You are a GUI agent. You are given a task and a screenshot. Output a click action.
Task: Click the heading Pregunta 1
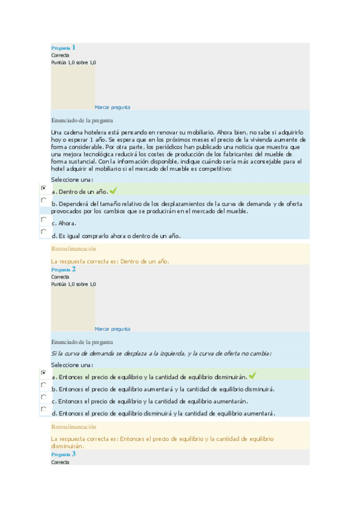(x=63, y=48)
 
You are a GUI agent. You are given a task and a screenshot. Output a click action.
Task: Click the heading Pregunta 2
(x=63, y=269)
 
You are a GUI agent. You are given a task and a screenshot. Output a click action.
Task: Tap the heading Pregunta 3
(x=63, y=454)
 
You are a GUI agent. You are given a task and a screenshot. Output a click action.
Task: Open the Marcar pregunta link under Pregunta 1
(x=112, y=107)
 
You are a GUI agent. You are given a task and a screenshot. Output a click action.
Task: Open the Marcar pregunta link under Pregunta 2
(x=112, y=329)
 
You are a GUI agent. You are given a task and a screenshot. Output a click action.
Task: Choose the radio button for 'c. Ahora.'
(x=43, y=220)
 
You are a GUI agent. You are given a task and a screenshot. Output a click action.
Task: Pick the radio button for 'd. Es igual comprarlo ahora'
(x=43, y=232)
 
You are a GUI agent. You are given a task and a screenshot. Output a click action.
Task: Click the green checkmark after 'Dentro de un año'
(x=113, y=191)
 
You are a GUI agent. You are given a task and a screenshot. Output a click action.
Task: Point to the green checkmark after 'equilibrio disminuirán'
(x=252, y=376)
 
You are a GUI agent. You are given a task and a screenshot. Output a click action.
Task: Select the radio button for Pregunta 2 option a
(x=43, y=373)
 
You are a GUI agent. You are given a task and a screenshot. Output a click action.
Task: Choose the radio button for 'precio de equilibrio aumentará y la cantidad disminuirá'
(x=43, y=385)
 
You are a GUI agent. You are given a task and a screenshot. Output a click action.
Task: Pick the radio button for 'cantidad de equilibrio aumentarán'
(x=43, y=397)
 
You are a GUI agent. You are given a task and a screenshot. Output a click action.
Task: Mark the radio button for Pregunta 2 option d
(x=43, y=409)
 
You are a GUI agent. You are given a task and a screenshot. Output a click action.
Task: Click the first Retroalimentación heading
(x=74, y=248)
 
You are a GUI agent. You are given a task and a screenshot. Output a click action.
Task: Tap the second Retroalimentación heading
(x=74, y=426)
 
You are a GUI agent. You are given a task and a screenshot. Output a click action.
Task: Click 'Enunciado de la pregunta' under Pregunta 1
(x=82, y=120)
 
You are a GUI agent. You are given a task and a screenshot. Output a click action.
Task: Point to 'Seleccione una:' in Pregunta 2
(x=72, y=364)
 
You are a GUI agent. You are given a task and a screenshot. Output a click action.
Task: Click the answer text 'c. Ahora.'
(x=63, y=224)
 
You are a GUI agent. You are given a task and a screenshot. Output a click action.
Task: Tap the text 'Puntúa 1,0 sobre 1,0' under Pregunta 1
(x=73, y=63)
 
